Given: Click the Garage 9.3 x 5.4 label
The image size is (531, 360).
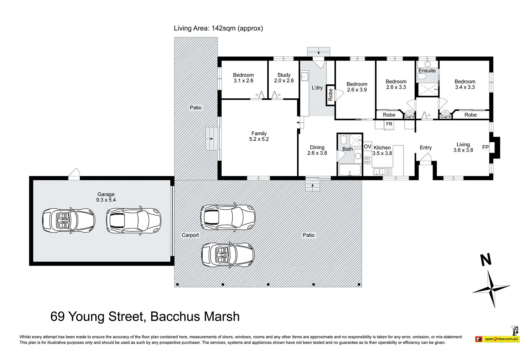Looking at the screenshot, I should (x=106, y=197).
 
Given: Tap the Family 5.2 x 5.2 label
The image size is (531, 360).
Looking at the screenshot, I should (x=259, y=136).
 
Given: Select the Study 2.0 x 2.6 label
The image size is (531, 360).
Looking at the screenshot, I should (x=284, y=78).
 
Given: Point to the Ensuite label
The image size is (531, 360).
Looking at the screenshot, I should (x=427, y=71).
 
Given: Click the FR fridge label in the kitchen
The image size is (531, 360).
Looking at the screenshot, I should (x=389, y=124).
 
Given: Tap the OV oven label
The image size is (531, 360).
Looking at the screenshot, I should (x=367, y=147).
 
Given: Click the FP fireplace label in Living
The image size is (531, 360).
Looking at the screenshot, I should (x=485, y=147).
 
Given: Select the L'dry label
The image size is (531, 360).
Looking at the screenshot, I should (x=317, y=88).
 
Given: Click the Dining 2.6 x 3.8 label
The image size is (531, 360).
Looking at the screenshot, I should (x=317, y=150).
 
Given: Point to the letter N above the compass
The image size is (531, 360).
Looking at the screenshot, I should (x=486, y=260).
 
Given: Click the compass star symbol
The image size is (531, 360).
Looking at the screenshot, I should (x=491, y=288).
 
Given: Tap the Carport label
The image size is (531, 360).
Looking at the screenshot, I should (x=190, y=235).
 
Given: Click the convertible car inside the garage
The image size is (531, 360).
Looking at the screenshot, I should (x=69, y=220).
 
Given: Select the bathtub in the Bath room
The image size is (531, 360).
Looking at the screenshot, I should (x=350, y=170).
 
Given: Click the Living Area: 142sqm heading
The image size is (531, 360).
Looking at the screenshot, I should (x=218, y=28).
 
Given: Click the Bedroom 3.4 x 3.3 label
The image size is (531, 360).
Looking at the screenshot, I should (x=465, y=84).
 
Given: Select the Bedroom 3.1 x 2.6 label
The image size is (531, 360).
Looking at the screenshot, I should (x=243, y=78).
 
